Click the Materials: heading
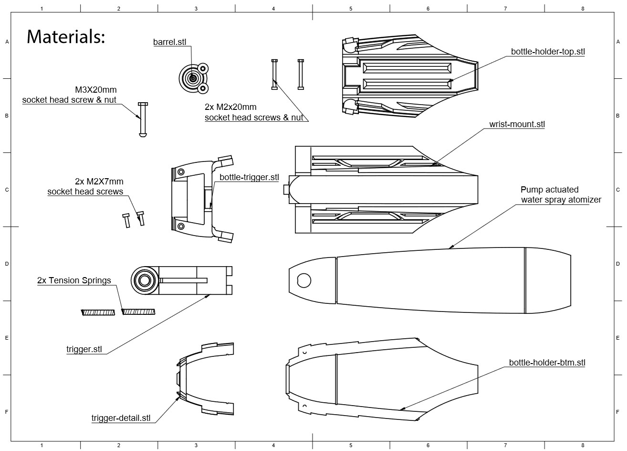(65, 37)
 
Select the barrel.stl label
(169, 42)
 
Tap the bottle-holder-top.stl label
(548, 52)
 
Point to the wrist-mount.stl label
(517, 124)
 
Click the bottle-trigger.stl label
(249, 177)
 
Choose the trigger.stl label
(84, 349)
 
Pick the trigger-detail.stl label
(121, 418)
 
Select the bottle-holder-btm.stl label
(547, 363)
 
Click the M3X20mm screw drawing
(142, 120)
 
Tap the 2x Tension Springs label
(74, 280)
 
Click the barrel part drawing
(193, 78)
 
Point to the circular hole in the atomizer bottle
(303, 280)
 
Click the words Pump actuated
(549, 190)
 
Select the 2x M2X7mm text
(99, 182)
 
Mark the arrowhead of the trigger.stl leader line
(209, 296)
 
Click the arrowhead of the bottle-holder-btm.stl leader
(401, 409)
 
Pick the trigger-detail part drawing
(205, 378)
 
